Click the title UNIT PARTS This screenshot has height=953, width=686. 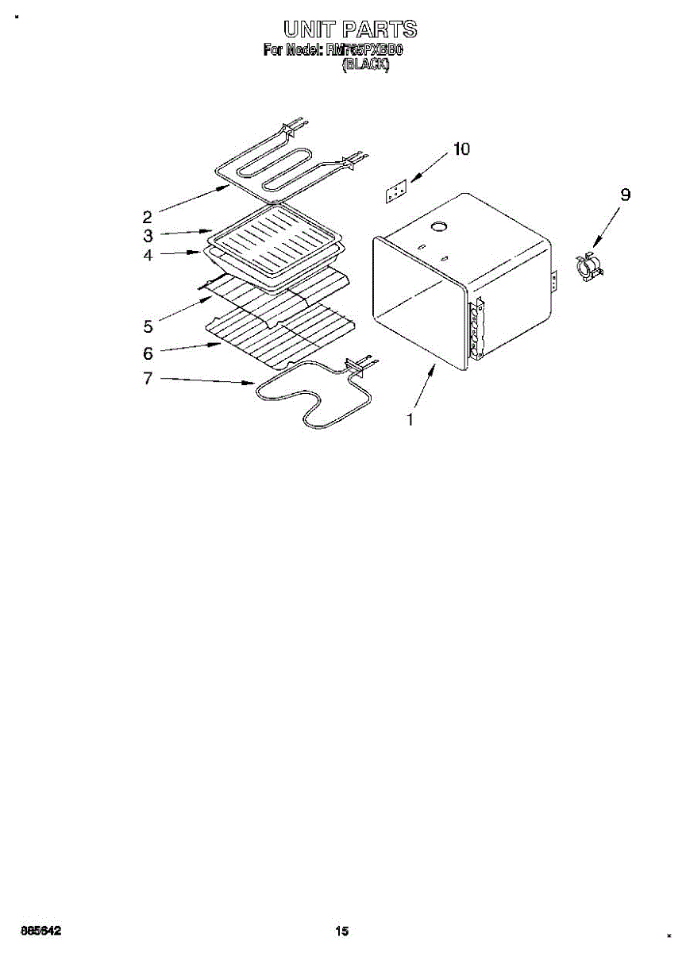[350, 30]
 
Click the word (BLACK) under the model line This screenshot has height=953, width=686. [365, 67]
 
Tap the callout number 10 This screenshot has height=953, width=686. [461, 149]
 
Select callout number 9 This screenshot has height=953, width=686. [626, 194]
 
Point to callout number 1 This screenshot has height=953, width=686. [410, 420]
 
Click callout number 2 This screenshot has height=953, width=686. [147, 216]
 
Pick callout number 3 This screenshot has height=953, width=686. [148, 236]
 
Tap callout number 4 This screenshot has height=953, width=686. [148, 256]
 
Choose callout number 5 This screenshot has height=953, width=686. [148, 326]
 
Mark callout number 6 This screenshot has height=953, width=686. [148, 353]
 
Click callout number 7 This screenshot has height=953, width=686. [148, 379]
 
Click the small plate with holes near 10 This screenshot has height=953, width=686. [395, 192]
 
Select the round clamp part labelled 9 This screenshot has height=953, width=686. [588, 267]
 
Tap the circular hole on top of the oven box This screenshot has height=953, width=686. [437, 228]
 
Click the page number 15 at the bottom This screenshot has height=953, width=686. [342, 931]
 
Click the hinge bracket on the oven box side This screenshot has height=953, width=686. [477, 330]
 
